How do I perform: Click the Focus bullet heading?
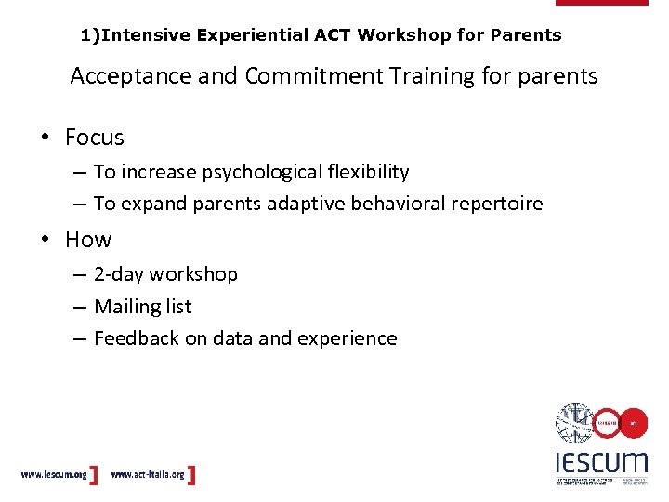[94, 138]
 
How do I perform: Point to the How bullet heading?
[88, 240]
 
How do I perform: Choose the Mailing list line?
[142, 306]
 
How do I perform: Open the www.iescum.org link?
[54, 474]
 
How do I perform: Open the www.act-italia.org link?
[147, 474]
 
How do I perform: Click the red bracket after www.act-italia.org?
[191, 474]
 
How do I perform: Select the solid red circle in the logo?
[633, 423]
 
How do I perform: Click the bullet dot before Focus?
[45, 139]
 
